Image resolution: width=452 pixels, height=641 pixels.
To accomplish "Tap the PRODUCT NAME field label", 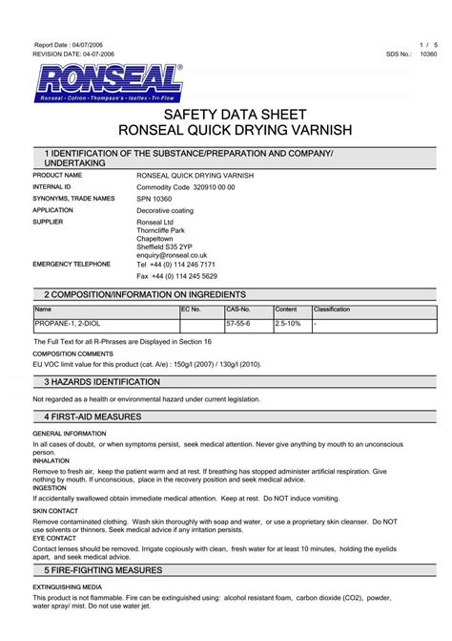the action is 57,176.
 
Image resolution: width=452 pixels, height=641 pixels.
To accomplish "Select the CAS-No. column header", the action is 237,310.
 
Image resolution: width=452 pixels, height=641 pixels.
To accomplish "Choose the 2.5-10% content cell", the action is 288,325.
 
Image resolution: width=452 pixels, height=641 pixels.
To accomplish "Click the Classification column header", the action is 333,310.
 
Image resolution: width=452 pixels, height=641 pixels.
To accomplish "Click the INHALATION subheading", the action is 52,460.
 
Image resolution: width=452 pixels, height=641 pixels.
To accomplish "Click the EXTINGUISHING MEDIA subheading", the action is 70,586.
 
